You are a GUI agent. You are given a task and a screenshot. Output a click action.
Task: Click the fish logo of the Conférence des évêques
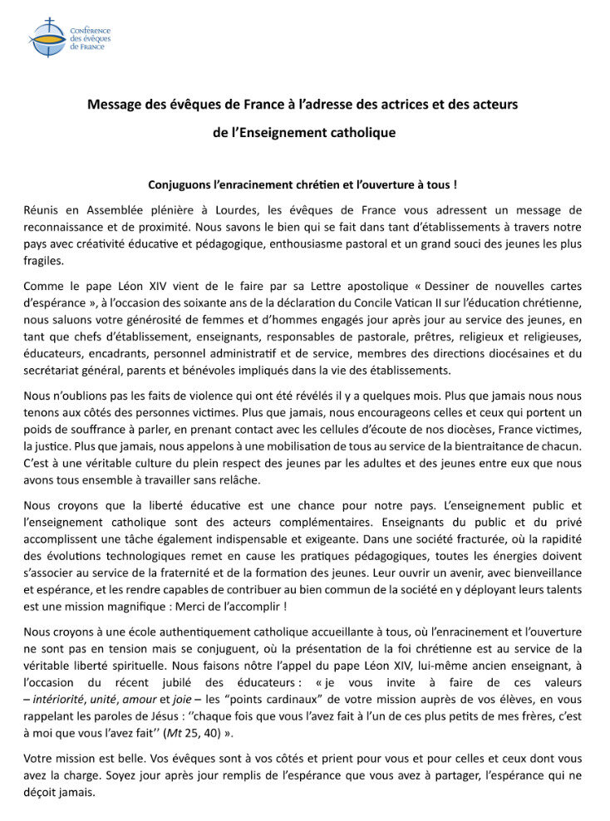click(x=46, y=37)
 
